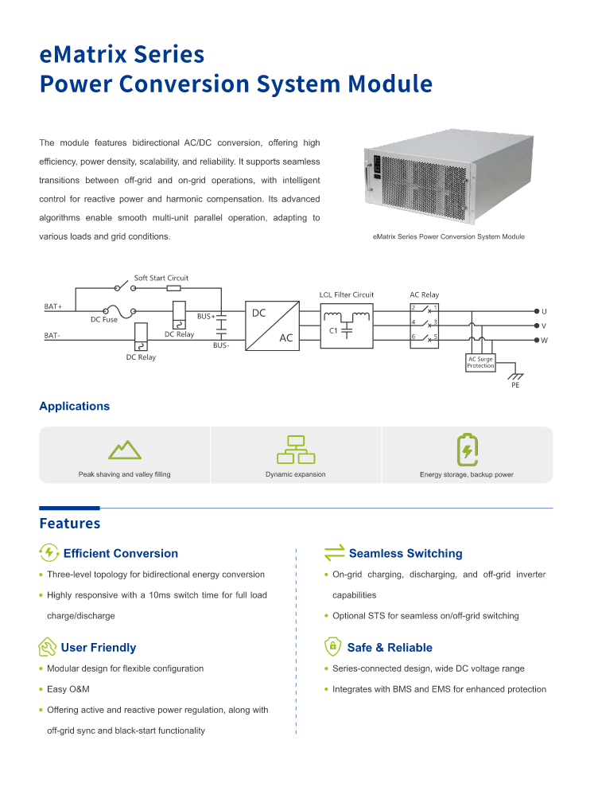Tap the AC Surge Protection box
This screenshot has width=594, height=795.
(480, 363)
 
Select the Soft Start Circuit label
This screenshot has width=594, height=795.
(161, 279)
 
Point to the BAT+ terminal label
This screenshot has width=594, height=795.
(53, 306)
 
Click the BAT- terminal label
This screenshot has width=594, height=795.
(52, 336)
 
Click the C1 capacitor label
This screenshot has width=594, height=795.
(334, 329)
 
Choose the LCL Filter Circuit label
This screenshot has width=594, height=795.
(347, 295)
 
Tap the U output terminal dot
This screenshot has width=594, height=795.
(536, 311)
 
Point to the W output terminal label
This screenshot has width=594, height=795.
(545, 341)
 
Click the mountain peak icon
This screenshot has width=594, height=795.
(125, 450)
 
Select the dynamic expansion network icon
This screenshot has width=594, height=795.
(296, 450)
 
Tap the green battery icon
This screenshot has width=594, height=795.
(467, 450)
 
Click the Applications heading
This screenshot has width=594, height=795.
(75, 407)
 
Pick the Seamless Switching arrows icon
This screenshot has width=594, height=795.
(334, 553)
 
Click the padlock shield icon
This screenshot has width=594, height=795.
(333, 647)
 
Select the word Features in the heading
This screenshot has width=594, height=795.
(70, 524)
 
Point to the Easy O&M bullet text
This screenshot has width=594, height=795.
(68, 689)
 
